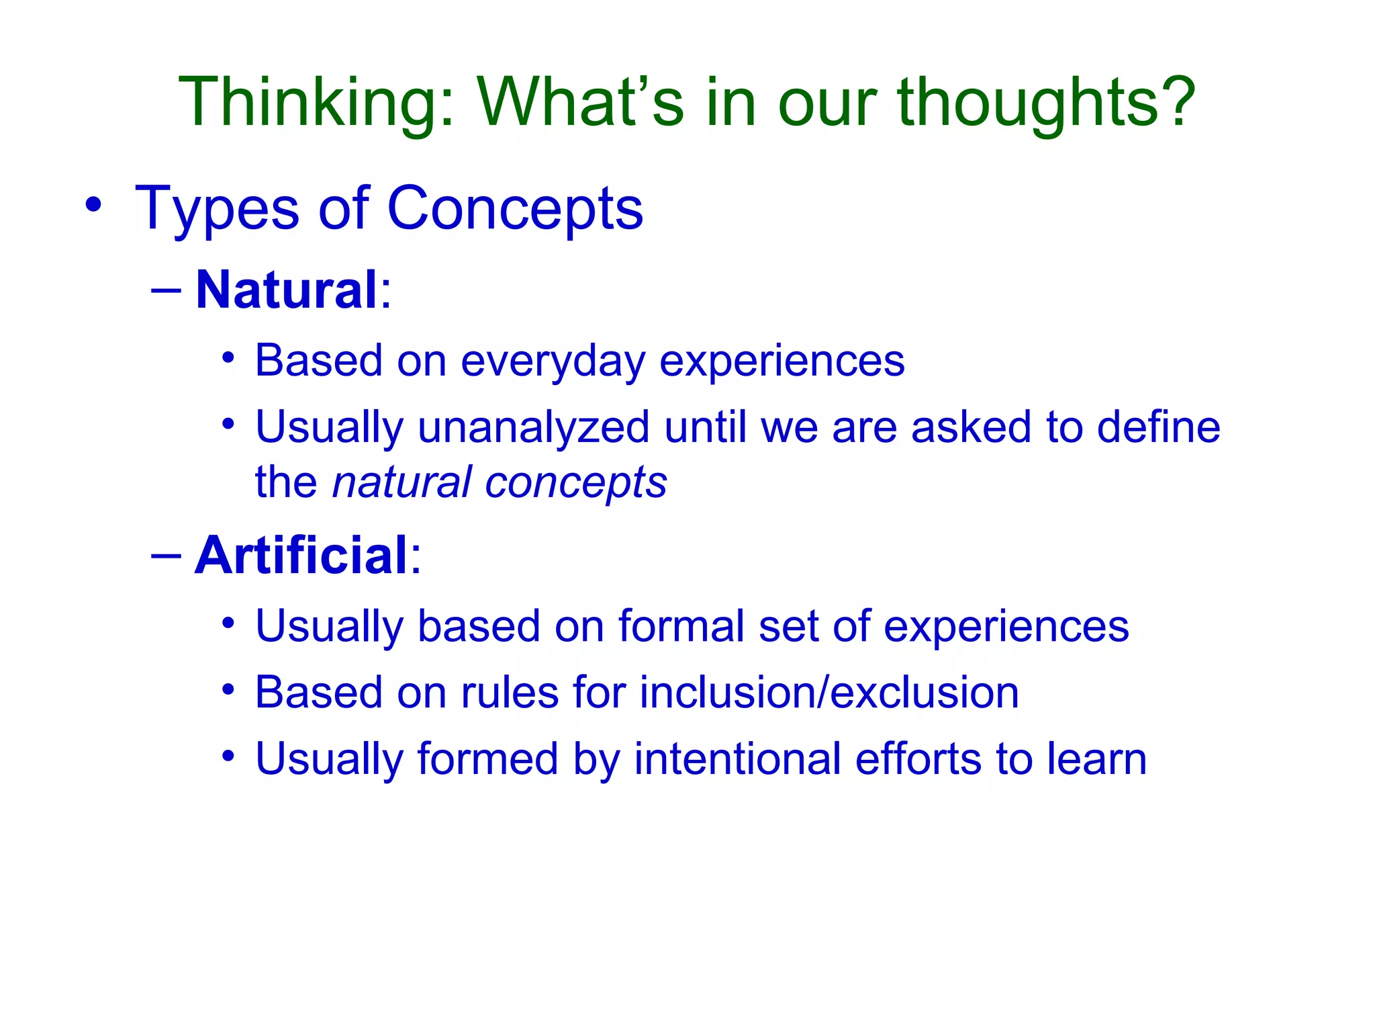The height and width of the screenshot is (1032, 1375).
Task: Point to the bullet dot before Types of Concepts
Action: (x=93, y=205)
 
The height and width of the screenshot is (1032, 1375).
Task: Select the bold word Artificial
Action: (x=301, y=556)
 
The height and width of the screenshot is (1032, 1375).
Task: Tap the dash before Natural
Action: (x=167, y=290)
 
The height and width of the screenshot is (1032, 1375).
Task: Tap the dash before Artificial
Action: (x=167, y=556)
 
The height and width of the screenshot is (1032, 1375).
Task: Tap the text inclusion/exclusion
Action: (x=828, y=693)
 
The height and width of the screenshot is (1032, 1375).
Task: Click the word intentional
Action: (x=737, y=759)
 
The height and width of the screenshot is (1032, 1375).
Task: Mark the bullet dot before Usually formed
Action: (x=228, y=756)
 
